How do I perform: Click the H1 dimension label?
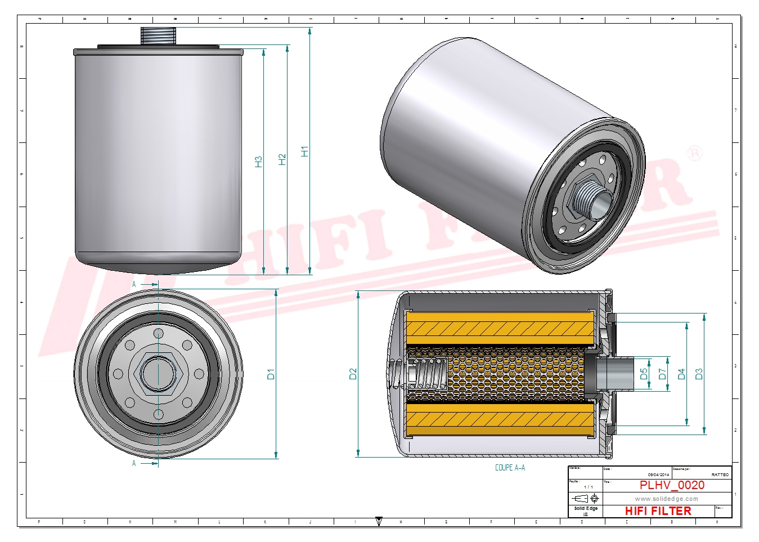[x=304, y=151]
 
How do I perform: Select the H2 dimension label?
[x=282, y=159]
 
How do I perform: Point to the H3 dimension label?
[x=258, y=162]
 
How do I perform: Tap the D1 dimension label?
[x=271, y=374]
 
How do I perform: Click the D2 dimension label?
[x=353, y=374]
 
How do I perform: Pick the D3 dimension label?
[x=699, y=374]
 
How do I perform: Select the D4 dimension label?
[x=681, y=374]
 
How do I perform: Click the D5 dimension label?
[x=644, y=374]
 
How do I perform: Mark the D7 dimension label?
[x=662, y=374]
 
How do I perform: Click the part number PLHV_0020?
[x=672, y=485]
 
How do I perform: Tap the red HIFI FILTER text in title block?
[x=658, y=511]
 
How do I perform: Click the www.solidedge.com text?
[x=666, y=499]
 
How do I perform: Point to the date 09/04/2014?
[x=658, y=474]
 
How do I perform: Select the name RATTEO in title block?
[x=720, y=474]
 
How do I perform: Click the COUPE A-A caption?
[x=510, y=468]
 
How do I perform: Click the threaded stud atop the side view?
[x=158, y=36]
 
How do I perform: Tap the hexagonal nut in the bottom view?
[x=158, y=373]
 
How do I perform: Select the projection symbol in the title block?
[x=585, y=499]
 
